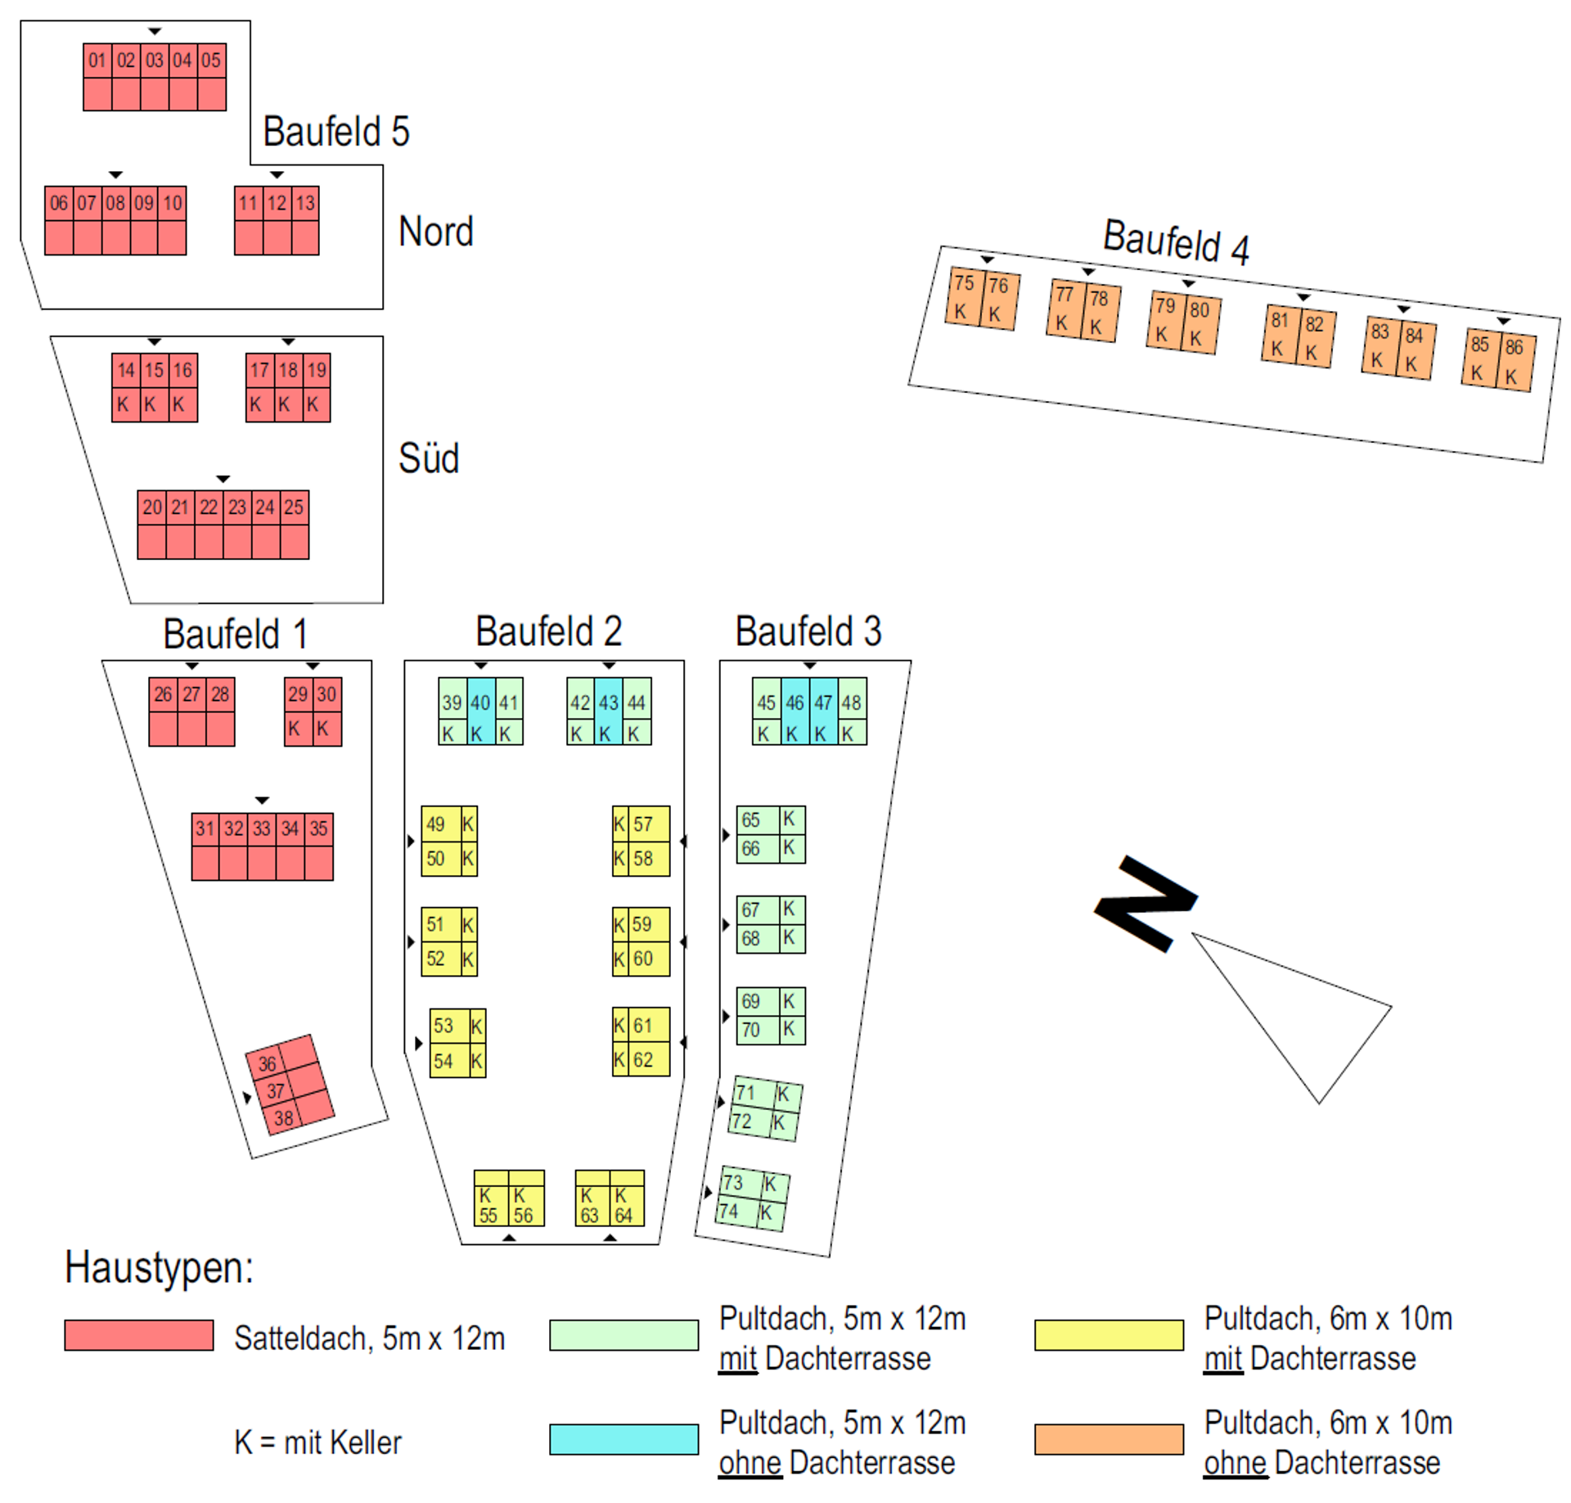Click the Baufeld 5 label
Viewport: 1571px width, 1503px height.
tap(336, 131)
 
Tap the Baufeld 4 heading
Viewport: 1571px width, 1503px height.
tap(1176, 241)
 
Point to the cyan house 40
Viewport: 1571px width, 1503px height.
tap(481, 711)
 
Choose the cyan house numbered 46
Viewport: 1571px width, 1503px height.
tap(795, 711)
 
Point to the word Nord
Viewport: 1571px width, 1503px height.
tap(435, 232)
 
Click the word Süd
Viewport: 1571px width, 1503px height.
tap(429, 458)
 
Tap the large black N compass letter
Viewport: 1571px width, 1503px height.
tap(1146, 903)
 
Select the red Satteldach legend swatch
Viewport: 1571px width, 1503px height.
tap(139, 1334)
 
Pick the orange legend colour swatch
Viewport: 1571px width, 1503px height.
tap(1109, 1439)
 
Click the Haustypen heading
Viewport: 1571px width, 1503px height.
tap(159, 1267)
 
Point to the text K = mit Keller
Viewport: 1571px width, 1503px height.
tap(317, 1442)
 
